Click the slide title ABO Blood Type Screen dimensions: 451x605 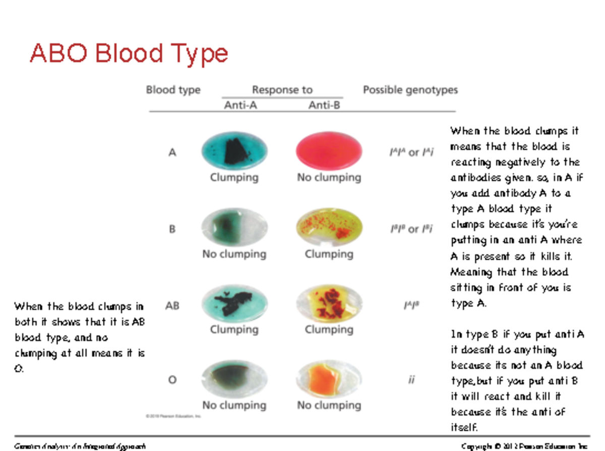point(129,53)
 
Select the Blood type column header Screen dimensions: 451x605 point(173,90)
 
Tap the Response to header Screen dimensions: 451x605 point(282,90)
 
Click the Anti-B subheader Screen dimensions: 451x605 point(324,105)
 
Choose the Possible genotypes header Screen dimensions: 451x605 point(410,90)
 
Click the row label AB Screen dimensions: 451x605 point(172,306)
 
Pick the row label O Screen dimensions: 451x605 point(172,380)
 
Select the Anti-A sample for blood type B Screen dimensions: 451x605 point(234,228)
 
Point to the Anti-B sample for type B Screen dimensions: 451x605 point(329,228)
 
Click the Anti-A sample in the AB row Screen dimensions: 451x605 point(234,304)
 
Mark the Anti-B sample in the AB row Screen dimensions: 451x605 point(329,304)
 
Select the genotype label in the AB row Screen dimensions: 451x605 point(412,305)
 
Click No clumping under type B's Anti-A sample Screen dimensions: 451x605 point(234,254)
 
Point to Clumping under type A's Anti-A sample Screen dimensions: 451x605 point(234,178)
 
